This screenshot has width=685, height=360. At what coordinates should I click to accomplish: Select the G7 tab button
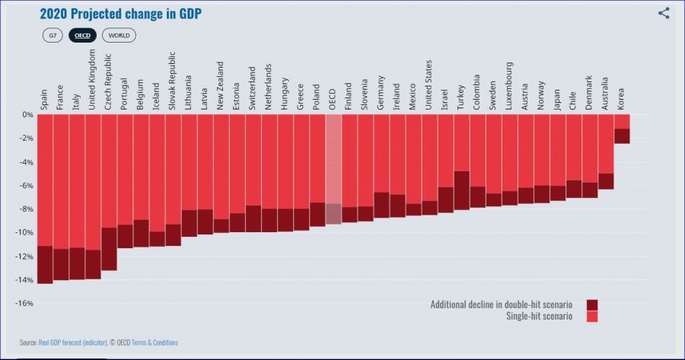point(53,35)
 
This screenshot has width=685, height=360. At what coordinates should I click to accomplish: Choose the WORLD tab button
point(118,35)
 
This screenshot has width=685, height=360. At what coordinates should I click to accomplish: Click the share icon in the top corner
point(664,13)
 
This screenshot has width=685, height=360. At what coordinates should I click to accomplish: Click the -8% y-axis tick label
point(25,209)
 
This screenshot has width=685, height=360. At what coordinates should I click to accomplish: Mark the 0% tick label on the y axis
point(27,115)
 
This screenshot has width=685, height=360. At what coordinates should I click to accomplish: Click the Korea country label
point(621,100)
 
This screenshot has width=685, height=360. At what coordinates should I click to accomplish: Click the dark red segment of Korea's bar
point(621,135)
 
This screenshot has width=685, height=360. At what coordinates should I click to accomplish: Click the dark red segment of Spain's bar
point(44,264)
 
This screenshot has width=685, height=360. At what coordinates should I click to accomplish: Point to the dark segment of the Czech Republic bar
point(109,249)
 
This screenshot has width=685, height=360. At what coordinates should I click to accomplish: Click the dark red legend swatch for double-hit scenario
point(592,304)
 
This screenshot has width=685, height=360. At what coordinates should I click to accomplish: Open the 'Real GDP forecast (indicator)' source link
point(74,342)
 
